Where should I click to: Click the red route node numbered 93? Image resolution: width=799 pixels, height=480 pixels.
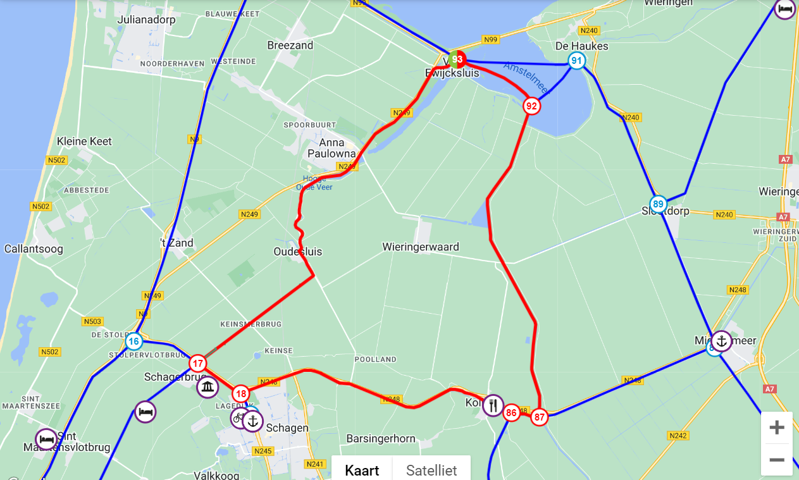point(457,59)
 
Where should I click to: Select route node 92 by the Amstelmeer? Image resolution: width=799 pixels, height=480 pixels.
point(531,106)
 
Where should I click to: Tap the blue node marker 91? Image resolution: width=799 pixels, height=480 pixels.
point(576,61)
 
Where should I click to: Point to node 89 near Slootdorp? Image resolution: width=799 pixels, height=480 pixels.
point(658,204)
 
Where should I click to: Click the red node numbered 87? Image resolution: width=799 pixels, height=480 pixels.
point(539,417)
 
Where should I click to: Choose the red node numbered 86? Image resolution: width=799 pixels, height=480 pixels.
point(511,413)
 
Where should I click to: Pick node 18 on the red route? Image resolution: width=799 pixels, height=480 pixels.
point(240,394)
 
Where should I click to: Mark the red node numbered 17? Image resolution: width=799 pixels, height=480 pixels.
point(198,363)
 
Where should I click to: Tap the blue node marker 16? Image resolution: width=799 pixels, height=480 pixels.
point(133,342)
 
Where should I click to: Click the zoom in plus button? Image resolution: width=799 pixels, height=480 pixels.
point(776,428)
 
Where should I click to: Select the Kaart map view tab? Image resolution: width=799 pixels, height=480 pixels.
point(362,470)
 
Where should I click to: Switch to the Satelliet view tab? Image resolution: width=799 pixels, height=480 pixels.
point(431,470)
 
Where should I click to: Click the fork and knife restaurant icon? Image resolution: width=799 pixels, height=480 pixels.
point(493,405)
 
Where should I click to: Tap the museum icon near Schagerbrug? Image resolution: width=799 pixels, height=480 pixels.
point(207,387)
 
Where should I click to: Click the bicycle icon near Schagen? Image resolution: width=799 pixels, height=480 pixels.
point(238,417)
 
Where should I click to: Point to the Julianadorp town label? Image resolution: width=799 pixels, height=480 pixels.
point(146,20)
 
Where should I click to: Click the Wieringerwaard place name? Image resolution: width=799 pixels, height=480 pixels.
point(420,247)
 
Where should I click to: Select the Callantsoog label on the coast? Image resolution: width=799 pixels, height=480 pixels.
point(34,249)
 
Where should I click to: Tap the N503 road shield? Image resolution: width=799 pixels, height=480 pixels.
point(92,321)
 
